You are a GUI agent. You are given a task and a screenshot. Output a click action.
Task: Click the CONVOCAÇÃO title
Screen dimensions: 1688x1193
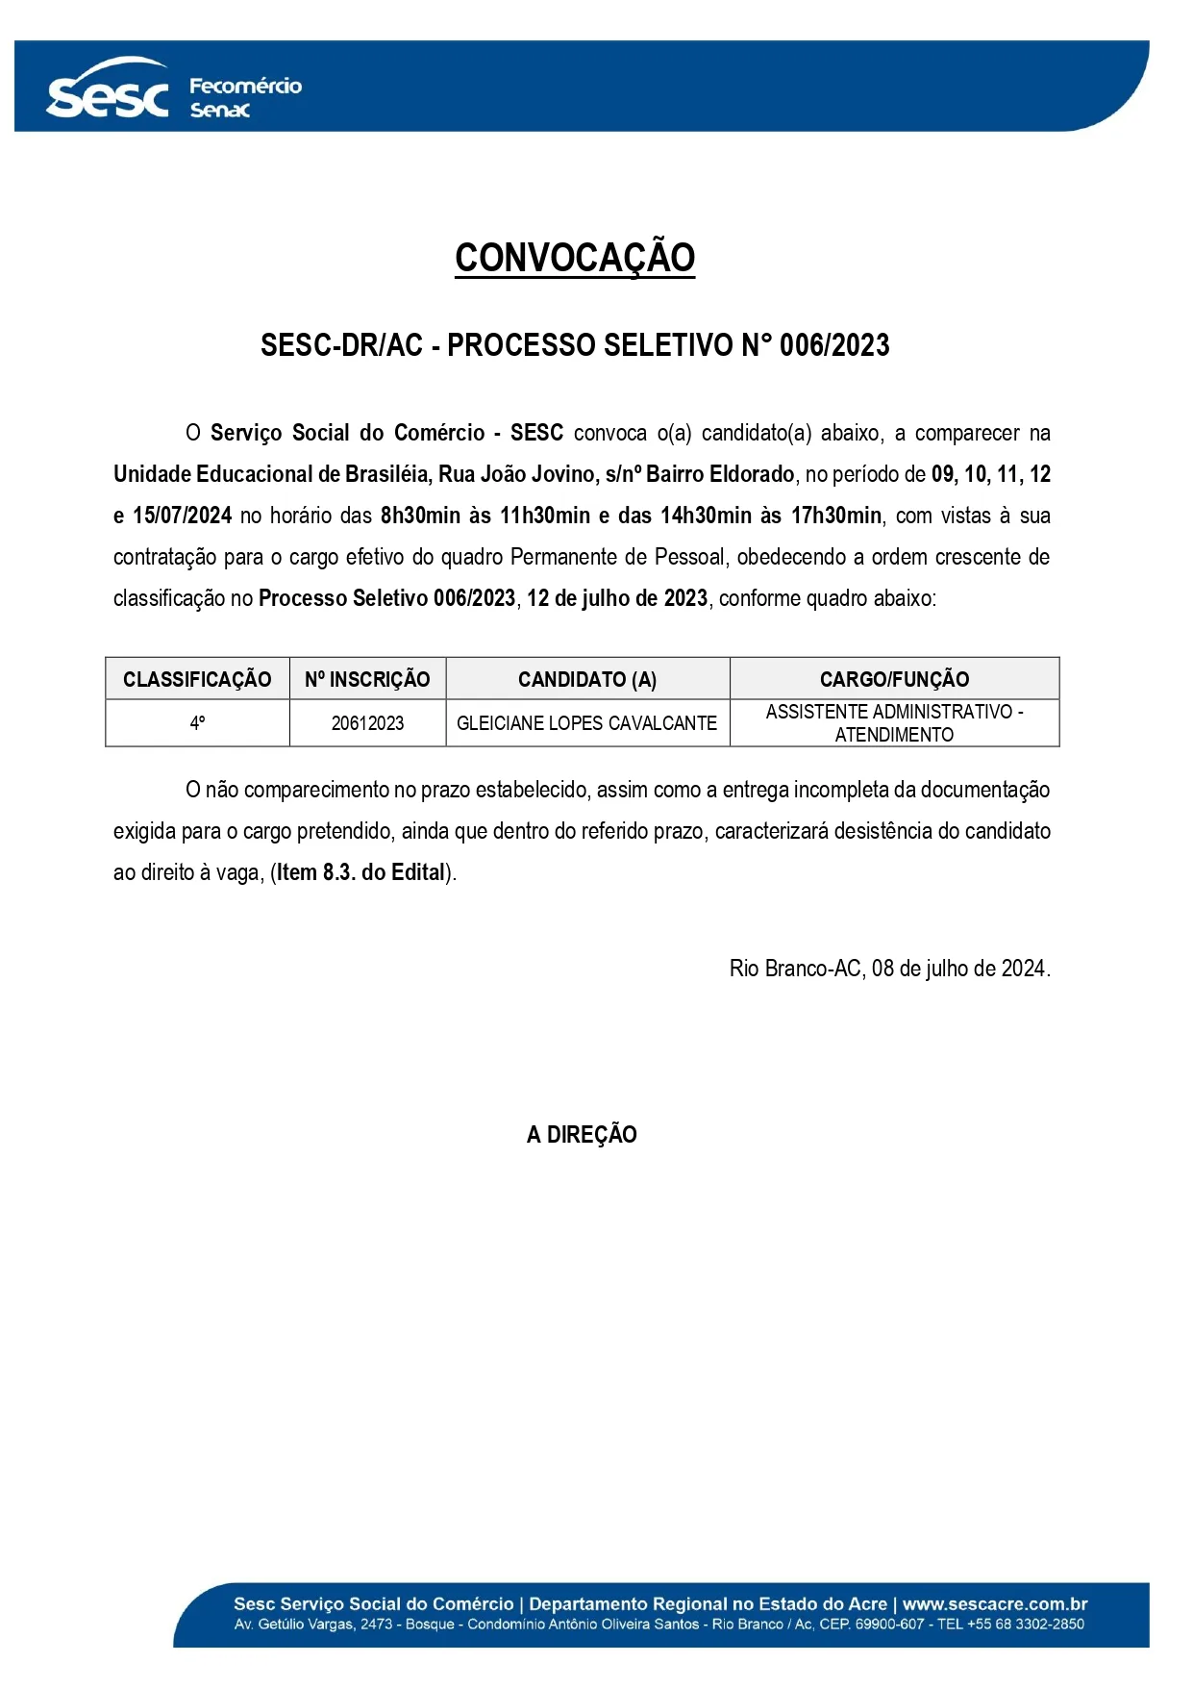click(x=575, y=258)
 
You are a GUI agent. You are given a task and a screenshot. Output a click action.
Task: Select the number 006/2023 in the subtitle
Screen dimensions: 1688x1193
click(x=834, y=345)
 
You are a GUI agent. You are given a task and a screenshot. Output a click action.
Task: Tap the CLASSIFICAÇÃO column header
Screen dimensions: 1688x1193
click(x=197, y=679)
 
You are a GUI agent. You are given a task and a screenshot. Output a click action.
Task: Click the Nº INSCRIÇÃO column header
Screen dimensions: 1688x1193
click(x=367, y=679)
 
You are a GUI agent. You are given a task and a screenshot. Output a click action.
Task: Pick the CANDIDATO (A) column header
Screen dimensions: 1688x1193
click(x=587, y=679)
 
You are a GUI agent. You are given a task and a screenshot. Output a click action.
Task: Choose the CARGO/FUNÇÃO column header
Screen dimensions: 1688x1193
click(x=894, y=679)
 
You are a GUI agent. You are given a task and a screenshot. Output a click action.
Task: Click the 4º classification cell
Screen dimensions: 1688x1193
click(x=197, y=723)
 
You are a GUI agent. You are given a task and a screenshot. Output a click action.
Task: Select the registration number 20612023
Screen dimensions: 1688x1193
click(x=367, y=723)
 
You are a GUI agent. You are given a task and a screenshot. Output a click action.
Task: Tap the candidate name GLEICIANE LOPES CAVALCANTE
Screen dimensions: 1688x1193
click(x=586, y=723)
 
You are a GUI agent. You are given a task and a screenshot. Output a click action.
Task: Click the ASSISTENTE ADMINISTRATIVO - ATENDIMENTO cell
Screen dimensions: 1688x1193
click(x=894, y=723)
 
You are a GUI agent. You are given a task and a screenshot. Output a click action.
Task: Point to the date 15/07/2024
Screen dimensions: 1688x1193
click(x=182, y=516)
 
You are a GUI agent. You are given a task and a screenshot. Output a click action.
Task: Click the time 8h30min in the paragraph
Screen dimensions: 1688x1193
click(x=420, y=516)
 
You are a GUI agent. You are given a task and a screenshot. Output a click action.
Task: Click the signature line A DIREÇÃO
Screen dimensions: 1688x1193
click(x=582, y=1135)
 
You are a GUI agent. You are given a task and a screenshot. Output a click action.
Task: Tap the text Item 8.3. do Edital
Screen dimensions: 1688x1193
click(x=361, y=872)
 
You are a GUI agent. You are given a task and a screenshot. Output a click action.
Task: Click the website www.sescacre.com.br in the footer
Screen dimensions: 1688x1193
click(x=995, y=1604)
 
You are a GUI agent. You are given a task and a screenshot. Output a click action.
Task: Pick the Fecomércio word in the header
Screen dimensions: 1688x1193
click(x=245, y=86)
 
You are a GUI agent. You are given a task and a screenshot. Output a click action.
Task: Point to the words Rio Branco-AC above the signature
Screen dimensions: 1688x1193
click(x=795, y=969)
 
